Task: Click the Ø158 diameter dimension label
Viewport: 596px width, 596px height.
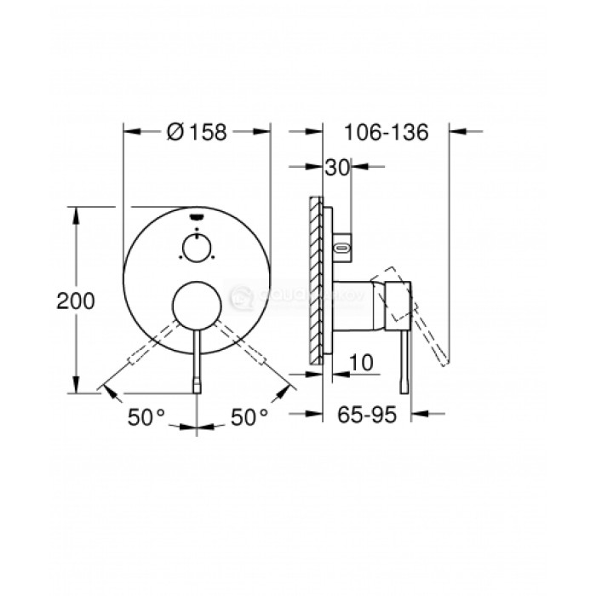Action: click(x=198, y=133)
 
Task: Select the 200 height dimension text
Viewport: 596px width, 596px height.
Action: click(x=75, y=300)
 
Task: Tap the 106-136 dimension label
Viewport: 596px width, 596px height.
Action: click(x=386, y=133)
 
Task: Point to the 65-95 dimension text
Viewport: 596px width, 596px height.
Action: click(x=369, y=417)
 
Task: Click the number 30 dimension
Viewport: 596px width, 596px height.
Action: click(x=337, y=169)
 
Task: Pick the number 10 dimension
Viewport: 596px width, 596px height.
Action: click(x=361, y=362)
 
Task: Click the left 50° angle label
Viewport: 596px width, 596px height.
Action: click(x=146, y=417)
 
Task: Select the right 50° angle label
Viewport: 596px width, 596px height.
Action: click(x=250, y=417)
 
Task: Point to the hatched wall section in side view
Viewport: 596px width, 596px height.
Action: click(x=318, y=281)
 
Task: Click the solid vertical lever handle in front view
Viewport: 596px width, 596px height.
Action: click(x=197, y=362)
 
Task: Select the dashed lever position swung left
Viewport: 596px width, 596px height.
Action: click(x=140, y=357)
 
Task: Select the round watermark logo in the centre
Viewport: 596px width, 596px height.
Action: click(x=240, y=297)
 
